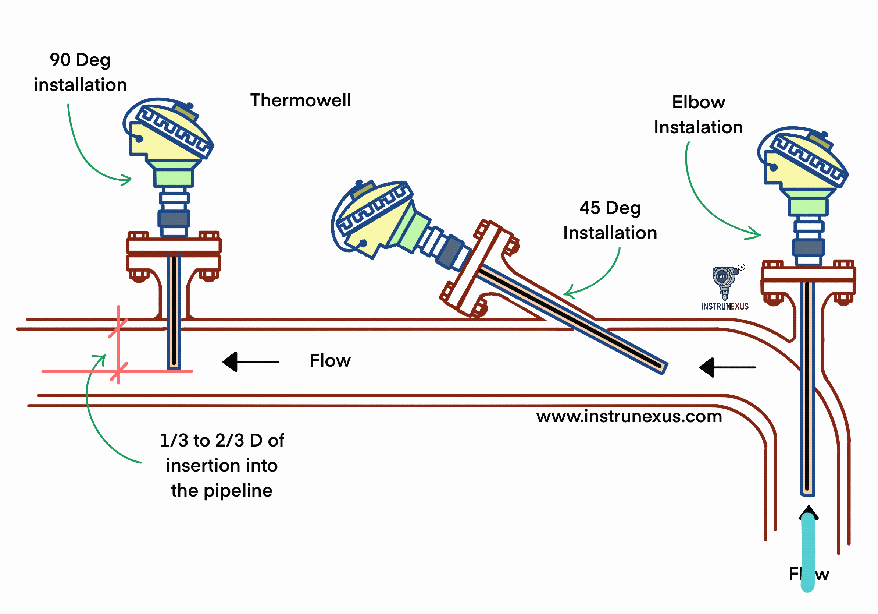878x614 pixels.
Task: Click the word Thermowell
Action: tap(300, 100)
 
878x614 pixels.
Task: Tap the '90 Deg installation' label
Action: tap(80, 73)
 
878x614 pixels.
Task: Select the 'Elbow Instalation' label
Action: tap(698, 114)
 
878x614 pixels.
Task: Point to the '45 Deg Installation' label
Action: tap(610, 220)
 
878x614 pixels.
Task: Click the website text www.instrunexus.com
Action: tap(629, 416)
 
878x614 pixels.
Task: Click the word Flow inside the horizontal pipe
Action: tap(330, 361)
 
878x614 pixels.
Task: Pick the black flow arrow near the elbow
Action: tap(726, 367)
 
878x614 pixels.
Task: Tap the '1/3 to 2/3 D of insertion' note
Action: tap(222, 465)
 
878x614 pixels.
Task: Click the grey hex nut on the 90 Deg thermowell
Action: tap(174, 219)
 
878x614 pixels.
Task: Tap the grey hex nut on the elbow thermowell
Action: tap(808, 247)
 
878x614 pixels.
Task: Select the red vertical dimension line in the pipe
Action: tap(118, 345)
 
